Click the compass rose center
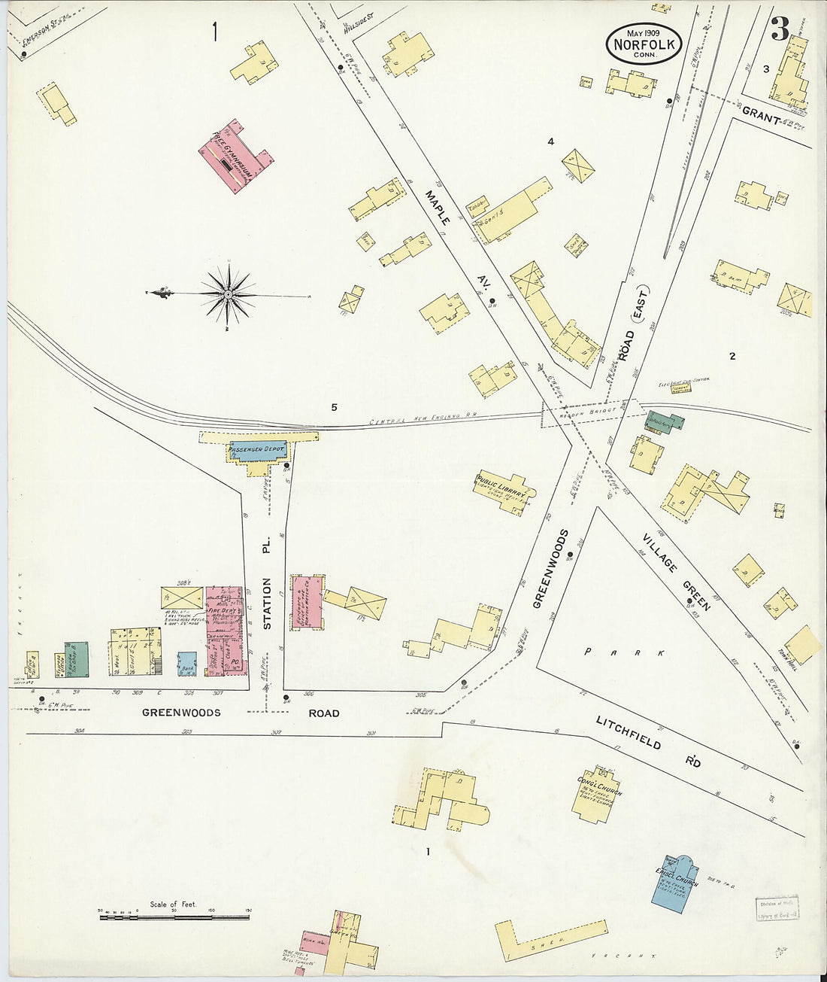pos(227,293)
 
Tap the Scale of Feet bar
pos(174,917)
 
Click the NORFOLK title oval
pos(644,44)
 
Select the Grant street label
pos(759,113)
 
